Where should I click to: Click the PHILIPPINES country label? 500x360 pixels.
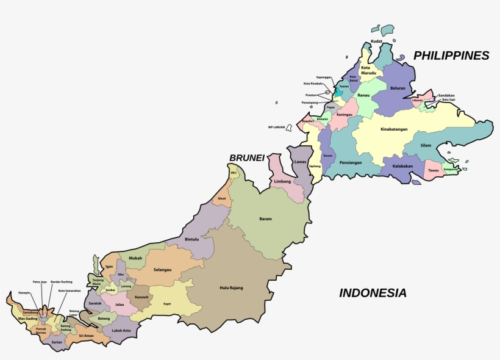coord(451,56)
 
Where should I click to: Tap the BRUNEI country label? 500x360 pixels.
coord(246,158)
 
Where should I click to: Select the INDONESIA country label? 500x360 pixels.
coord(373,293)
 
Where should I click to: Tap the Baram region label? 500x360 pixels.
coord(265,218)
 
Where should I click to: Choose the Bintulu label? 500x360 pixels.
coord(191,239)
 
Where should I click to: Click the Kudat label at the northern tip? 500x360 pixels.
coord(376,41)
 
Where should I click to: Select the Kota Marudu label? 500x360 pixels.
coord(368,70)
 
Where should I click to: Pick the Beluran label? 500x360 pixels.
coord(398,88)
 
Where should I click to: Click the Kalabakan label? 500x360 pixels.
coord(402,166)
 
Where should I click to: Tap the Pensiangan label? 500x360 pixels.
coord(351,163)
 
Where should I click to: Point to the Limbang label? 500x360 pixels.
coord(282,182)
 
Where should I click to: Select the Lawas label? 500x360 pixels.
coord(299,162)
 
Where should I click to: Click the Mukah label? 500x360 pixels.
coord(135,258)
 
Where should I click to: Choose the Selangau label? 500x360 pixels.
coord(162,269)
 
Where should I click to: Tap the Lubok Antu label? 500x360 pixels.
coord(121,331)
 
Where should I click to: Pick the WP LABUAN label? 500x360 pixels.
coord(277,127)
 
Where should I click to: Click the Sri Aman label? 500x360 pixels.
coord(85,336)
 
